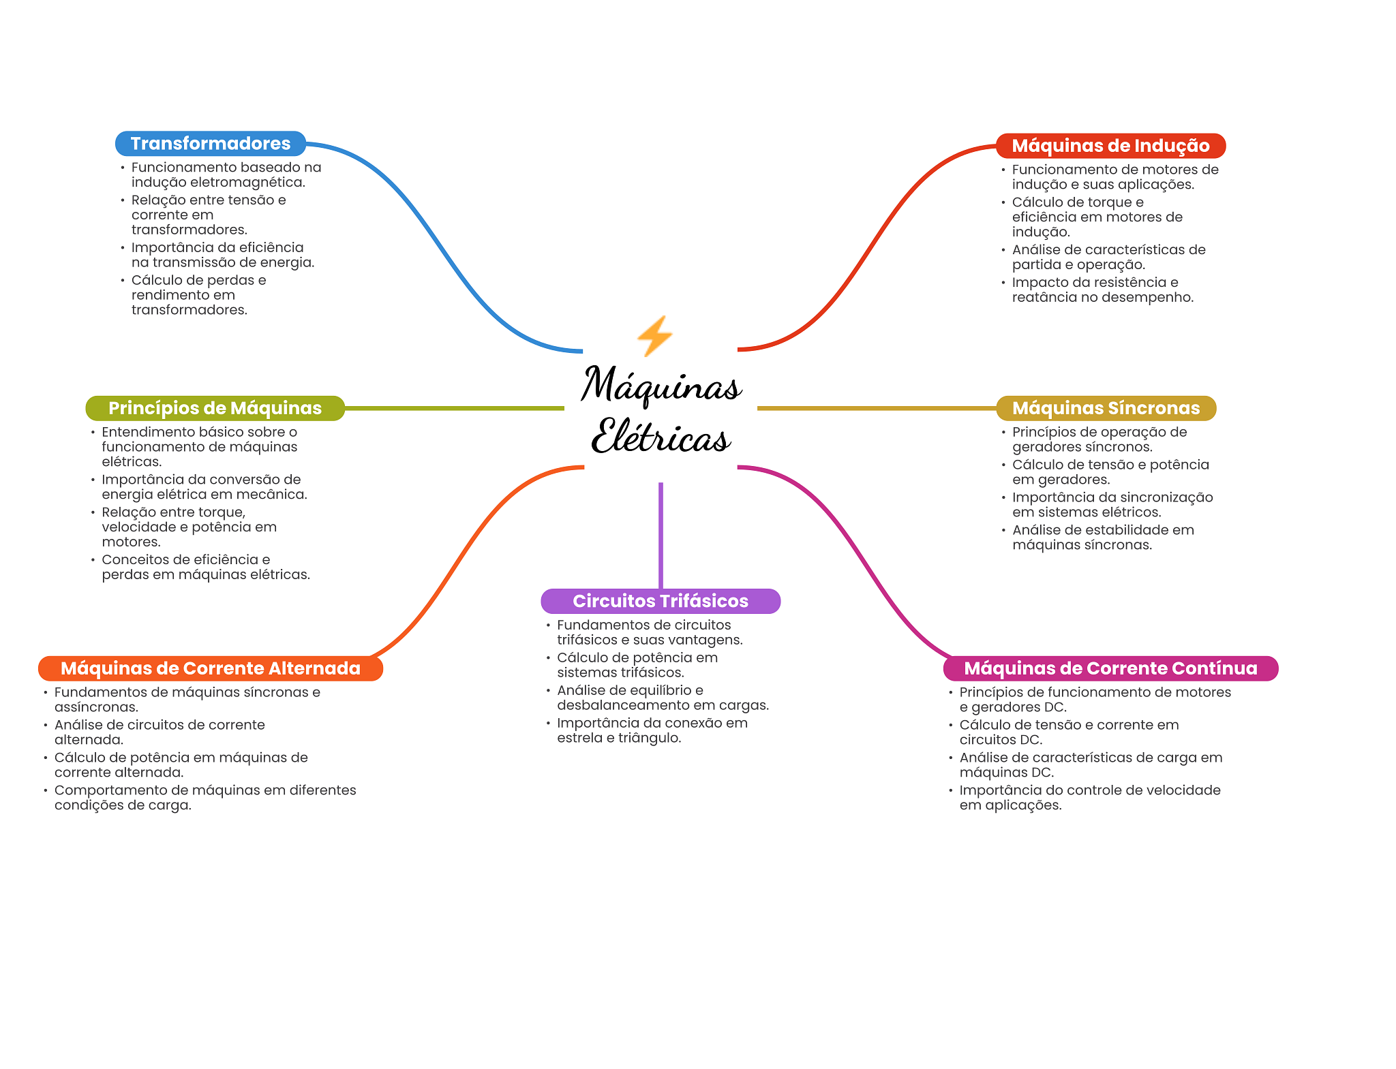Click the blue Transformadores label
pos(211,144)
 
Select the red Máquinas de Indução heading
pos(1110,146)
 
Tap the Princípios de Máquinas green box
pos(215,408)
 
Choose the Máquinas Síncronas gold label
pos(1106,408)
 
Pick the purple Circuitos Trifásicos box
pos(661,601)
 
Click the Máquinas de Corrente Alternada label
pos(211,668)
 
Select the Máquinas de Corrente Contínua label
pos(1110,668)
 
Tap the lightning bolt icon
pos(654,336)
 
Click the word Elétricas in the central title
pos(661,436)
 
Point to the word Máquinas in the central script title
pos(661,384)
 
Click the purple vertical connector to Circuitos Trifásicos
pos(661,536)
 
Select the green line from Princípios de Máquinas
pos(455,408)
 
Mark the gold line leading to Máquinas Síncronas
pos(877,408)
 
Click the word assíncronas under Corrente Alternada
pos(96,707)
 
